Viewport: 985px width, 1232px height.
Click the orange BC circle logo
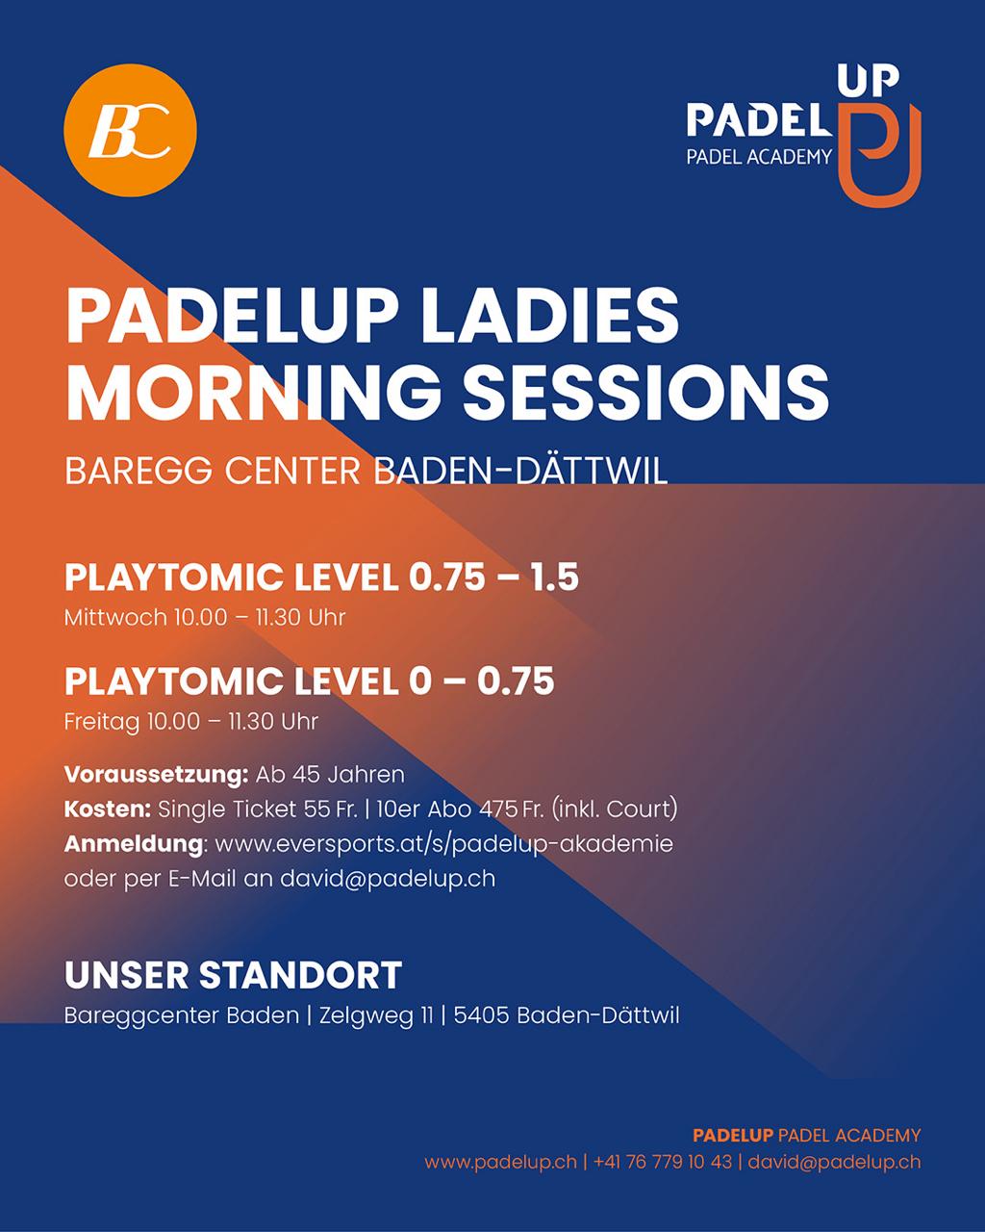(130, 130)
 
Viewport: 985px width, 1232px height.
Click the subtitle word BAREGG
(139, 471)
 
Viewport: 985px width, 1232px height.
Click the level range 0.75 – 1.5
(493, 577)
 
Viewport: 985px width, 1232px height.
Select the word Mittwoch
(115, 618)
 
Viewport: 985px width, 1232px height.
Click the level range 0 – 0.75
(481, 680)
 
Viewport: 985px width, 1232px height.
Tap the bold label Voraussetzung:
(156, 775)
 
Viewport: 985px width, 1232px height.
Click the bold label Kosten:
(108, 809)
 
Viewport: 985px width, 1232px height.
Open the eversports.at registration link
(444, 845)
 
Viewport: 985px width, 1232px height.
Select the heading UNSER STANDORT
(233, 976)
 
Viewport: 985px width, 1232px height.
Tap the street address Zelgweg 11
(376, 1016)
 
